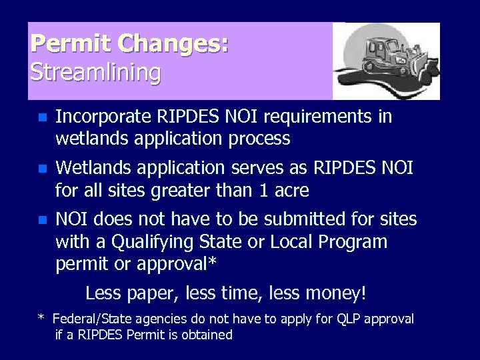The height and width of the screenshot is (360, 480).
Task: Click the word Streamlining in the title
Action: [95, 72]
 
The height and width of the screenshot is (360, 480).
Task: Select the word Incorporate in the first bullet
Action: [103, 117]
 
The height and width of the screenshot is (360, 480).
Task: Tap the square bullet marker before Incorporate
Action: [41, 118]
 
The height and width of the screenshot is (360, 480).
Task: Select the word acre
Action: [291, 191]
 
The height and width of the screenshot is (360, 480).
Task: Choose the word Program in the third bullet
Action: [353, 241]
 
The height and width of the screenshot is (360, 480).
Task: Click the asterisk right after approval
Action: [212, 262]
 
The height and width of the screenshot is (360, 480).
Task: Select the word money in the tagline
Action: [337, 293]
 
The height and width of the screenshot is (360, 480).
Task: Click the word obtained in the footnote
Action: [207, 335]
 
